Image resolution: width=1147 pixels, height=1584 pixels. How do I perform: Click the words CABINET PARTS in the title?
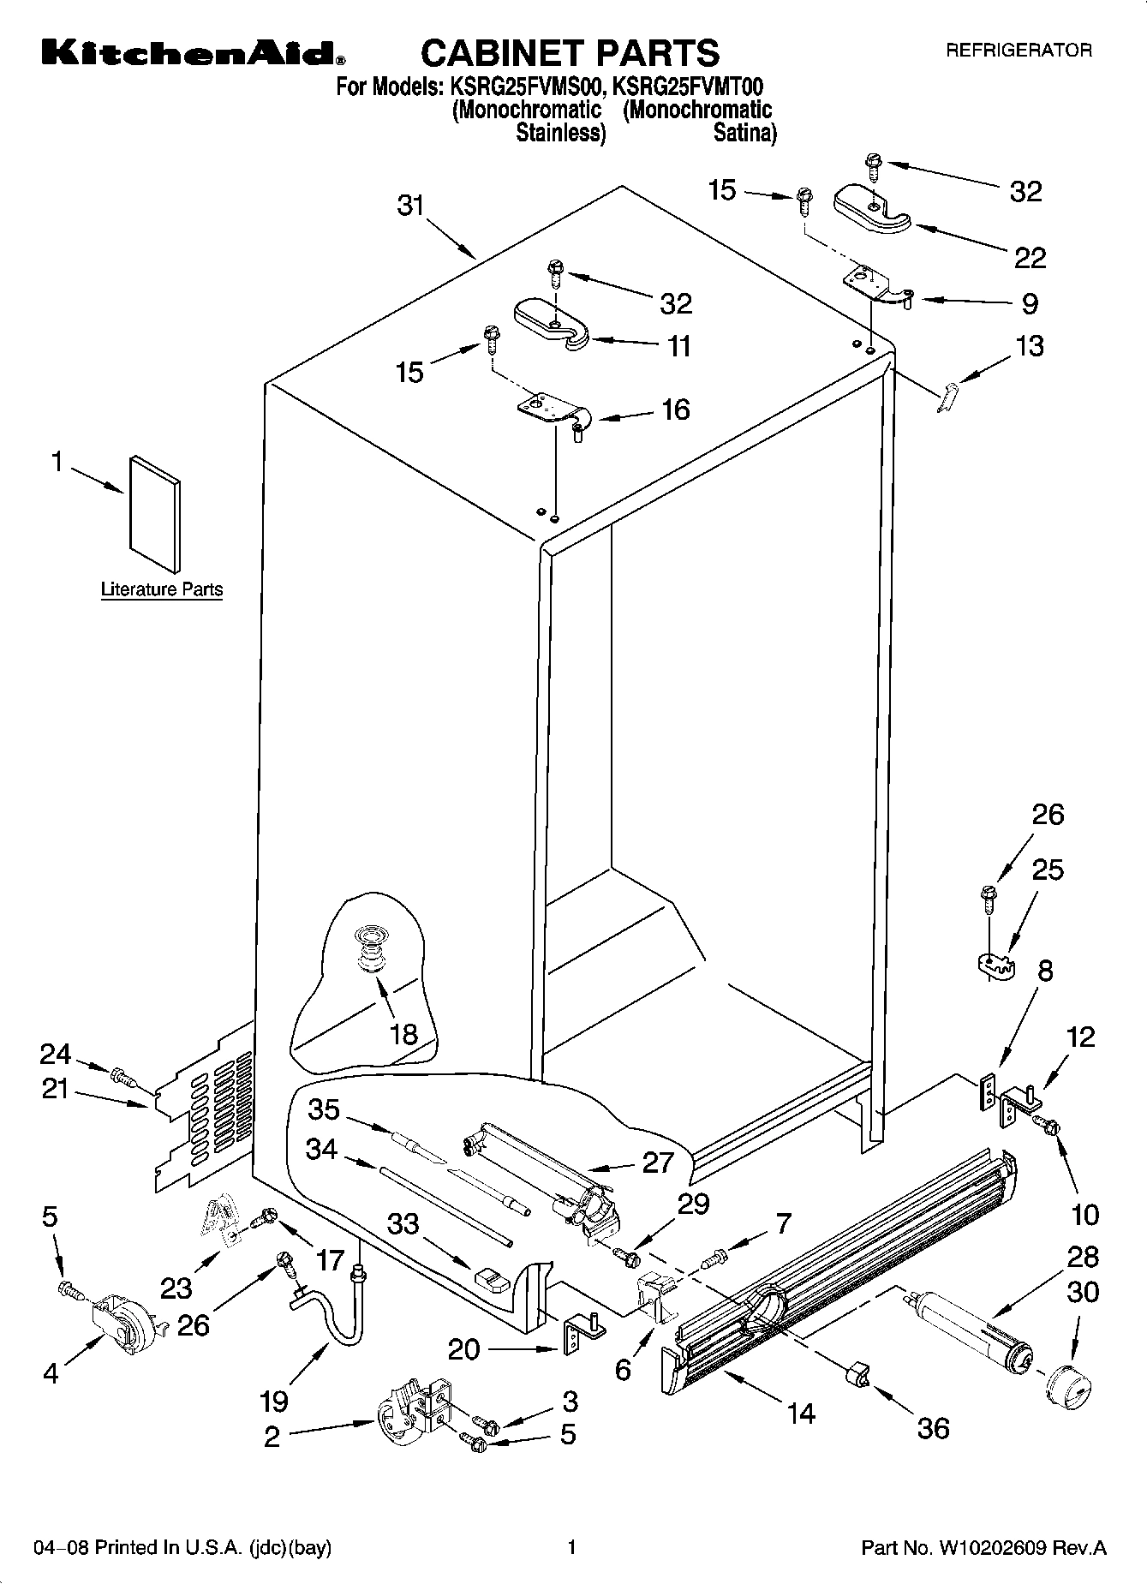click(570, 53)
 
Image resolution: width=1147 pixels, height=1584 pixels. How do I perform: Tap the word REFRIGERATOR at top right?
click(1019, 51)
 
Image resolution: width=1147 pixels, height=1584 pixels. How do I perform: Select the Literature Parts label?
click(162, 589)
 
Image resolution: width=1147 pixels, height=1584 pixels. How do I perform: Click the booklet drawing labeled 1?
click(155, 514)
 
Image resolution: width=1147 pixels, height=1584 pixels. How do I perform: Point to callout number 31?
click(411, 206)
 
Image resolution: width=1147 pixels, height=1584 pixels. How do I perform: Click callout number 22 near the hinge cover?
click(1030, 258)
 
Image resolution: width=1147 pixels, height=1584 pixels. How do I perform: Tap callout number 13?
click(1030, 346)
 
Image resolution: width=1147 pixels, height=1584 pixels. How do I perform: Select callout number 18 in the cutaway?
click(403, 1034)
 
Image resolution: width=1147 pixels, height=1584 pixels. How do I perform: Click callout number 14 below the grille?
click(801, 1413)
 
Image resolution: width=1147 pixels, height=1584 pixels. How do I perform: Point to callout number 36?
click(934, 1427)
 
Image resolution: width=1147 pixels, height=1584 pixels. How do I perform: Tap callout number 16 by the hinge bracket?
click(676, 409)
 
